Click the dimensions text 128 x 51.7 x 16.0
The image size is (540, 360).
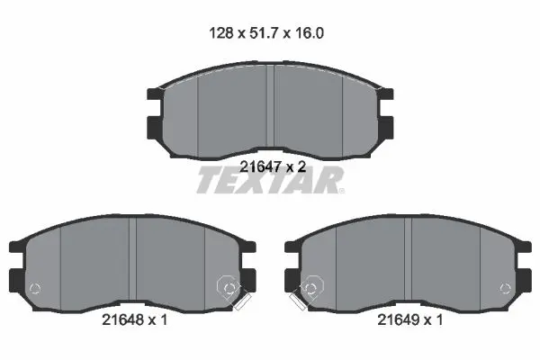click(266, 33)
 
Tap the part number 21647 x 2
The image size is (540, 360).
click(273, 167)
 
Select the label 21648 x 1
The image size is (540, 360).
click(135, 320)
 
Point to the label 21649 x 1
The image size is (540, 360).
click(410, 320)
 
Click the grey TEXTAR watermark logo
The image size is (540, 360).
click(270, 180)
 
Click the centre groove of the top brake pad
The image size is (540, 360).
click(270, 106)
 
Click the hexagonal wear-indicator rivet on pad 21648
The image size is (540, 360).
click(229, 286)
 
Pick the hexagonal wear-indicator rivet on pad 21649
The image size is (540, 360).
click(311, 286)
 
